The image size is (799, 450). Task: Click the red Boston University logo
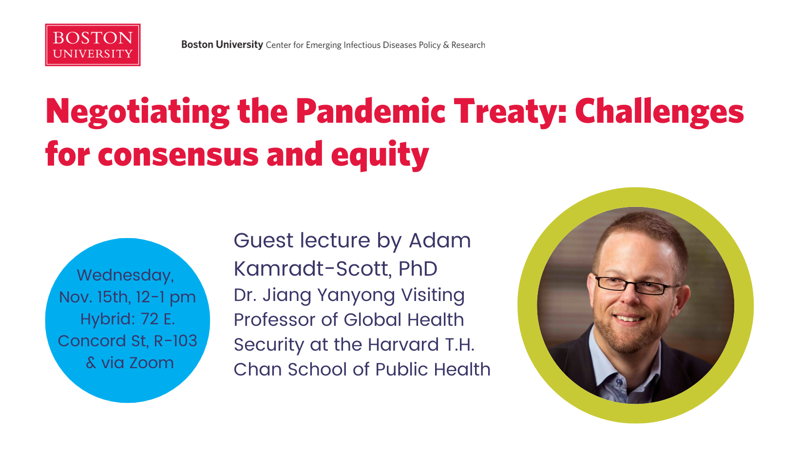93,45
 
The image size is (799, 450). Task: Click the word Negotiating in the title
138,112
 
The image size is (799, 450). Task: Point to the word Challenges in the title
660,112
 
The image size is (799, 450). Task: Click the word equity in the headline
380,155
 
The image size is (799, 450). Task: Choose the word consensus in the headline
178,155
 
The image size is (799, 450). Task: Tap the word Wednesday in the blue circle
125,276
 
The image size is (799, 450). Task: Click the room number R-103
175,341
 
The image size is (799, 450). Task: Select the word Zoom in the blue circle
151,363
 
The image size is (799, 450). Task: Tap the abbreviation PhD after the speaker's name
418,268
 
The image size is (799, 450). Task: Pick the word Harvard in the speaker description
403,344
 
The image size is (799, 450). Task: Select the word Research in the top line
468,45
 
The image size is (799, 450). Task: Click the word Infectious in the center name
361,45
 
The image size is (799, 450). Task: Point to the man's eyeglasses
637,285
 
